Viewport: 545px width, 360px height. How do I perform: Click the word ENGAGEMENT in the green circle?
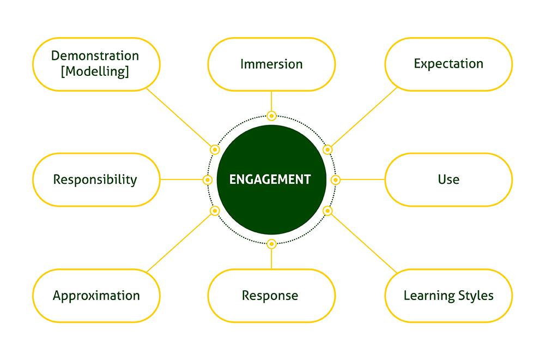(270, 179)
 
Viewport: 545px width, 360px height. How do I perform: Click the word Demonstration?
(95, 56)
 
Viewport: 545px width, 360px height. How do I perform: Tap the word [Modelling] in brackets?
(95, 71)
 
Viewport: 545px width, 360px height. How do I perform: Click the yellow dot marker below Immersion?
(271, 116)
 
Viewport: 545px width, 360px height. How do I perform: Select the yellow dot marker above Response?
(271, 244)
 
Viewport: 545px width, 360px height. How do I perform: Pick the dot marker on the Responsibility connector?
(208, 179)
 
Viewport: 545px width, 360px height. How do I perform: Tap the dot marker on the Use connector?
(335, 180)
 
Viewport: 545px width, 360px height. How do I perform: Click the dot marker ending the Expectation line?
(328, 149)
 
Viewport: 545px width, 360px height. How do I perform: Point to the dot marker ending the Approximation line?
(215, 211)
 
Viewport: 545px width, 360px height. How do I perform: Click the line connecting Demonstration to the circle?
(179, 117)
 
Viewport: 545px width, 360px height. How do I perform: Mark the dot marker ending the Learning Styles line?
(328, 211)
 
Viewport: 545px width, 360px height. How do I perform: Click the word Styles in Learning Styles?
(476, 296)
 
